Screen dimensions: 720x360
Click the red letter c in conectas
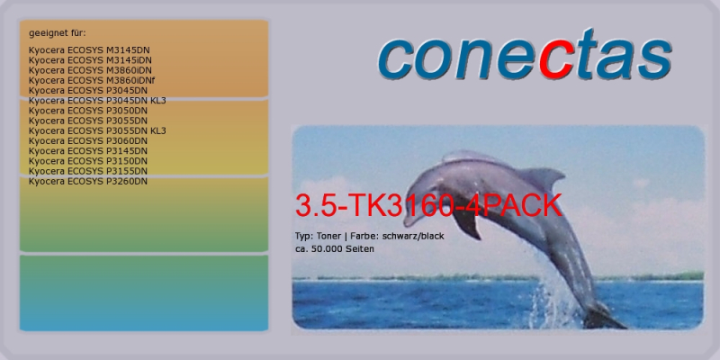(x=557, y=60)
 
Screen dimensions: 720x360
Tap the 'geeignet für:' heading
(x=58, y=33)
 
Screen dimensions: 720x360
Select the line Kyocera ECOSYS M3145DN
(x=89, y=50)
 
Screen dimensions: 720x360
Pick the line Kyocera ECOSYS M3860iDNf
(x=92, y=80)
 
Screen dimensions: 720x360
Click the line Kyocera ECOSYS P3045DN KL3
(x=97, y=101)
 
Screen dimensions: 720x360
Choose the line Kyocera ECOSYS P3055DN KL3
(x=97, y=130)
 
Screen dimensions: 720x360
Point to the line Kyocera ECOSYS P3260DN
(x=88, y=182)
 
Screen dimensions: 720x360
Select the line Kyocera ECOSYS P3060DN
(x=88, y=141)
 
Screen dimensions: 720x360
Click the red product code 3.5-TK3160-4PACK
(x=428, y=205)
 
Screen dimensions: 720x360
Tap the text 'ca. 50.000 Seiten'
(x=334, y=249)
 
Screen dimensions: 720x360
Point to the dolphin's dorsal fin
(x=545, y=177)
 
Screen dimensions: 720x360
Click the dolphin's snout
(x=409, y=220)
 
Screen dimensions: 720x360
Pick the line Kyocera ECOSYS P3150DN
(x=88, y=161)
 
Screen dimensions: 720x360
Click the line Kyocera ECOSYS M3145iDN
(x=90, y=60)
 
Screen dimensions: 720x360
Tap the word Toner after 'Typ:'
(x=328, y=236)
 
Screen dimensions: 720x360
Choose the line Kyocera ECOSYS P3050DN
(x=88, y=111)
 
